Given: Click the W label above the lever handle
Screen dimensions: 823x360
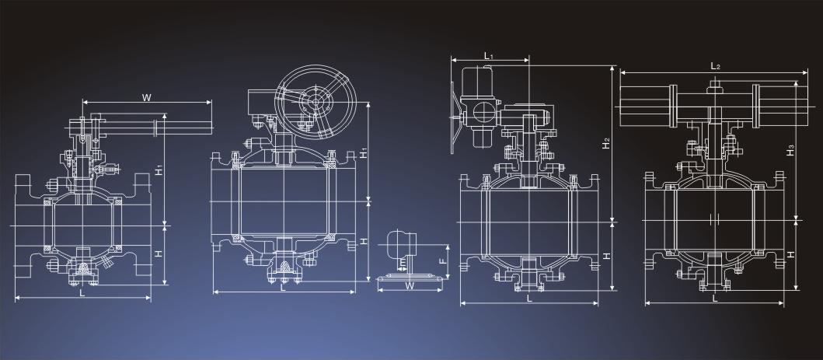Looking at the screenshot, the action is [x=147, y=97].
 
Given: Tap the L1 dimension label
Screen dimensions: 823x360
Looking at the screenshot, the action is [x=488, y=54].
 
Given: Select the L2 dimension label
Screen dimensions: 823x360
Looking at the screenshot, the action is [x=715, y=66].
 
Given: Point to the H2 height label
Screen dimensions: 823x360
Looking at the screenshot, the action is [x=606, y=143].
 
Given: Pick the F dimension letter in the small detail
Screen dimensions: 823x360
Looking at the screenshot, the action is [x=442, y=260].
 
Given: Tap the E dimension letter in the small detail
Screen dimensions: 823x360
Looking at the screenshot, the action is [x=402, y=261].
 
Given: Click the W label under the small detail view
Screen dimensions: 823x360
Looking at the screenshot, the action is [x=410, y=286].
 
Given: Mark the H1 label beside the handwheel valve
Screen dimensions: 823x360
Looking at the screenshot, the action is [x=364, y=152].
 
